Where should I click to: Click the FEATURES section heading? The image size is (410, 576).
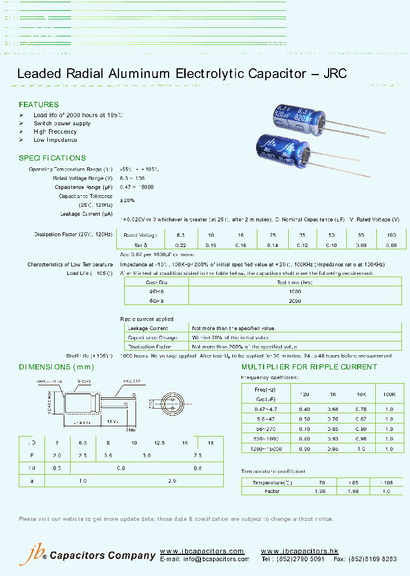[x=39, y=105]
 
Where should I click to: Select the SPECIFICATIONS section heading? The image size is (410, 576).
[x=52, y=158]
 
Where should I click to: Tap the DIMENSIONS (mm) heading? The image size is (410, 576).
[x=53, y=367]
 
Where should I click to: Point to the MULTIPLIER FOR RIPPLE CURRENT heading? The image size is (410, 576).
[x=309, y=367]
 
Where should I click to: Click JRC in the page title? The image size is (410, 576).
[x=335, y=73]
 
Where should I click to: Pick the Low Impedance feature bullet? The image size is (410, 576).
[x=55, y=140]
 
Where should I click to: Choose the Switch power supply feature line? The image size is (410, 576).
[x=62, y=124]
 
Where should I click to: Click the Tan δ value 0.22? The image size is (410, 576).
[x=180, y=245]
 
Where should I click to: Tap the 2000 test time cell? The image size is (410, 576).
[x=294, y=301]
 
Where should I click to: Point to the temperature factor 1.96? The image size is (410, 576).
[x=318, y=491]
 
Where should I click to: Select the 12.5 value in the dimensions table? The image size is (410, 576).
[x=160, y=443]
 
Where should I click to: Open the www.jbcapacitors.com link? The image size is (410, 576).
[x=202, y=552]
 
